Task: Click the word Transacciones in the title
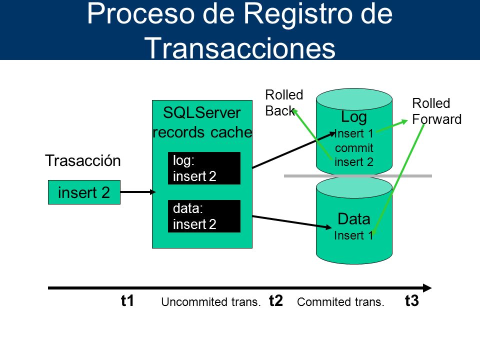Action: tap(240, 48)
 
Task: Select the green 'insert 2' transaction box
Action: tap(84, 192)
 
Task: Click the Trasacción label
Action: tap(83, 160)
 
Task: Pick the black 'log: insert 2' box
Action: tap(204, 168)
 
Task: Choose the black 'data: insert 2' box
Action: tap(204, 216)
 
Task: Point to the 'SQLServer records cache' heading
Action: tap(202, 122)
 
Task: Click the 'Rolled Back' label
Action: tap(284, 103)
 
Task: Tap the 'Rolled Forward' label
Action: tap(436, 111)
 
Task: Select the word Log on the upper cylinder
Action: tap(354, 117)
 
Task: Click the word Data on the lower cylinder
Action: tap(354, 219)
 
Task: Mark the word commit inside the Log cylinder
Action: tap(354, 148)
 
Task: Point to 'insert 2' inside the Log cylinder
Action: tap(354, 162)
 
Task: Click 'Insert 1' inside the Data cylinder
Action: tap(353, 235)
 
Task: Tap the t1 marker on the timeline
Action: tap(127, 300)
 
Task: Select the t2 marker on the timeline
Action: tap(276, 300)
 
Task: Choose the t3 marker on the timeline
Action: tap(411, 300)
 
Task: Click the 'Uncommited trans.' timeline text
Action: tap(211, 302)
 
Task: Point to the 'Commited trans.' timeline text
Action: tap(340, 302)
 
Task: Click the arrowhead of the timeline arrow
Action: tap(431, 288)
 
